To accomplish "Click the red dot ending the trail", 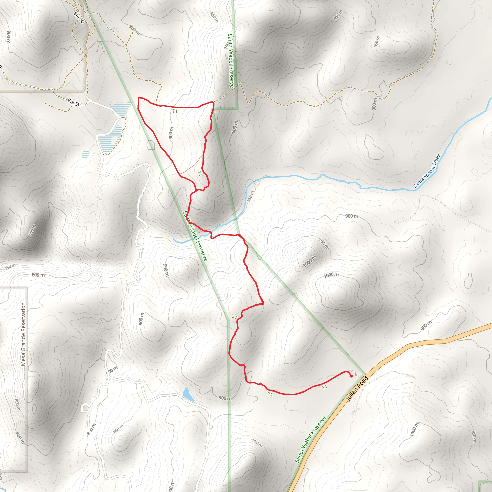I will click(351, 376).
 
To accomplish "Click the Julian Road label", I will click(357, 389).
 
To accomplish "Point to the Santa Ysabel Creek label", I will click(427, 171).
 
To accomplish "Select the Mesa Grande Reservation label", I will click(24, 334).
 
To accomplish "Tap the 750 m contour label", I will click(10, 267).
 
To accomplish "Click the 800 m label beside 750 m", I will click(38, 275).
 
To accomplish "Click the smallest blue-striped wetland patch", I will click(86, 154).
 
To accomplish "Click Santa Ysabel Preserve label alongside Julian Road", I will click(310, 440).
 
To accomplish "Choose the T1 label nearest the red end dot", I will click(324, 387).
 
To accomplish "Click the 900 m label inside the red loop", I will click(171, 133).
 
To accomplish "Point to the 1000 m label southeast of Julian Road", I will click(414, 429).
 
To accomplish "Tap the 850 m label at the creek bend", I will click(251, 196).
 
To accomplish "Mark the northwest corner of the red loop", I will click(139, 98).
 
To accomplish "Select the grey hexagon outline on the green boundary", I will click(151, 145).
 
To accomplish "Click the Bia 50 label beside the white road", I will click(74, 102).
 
